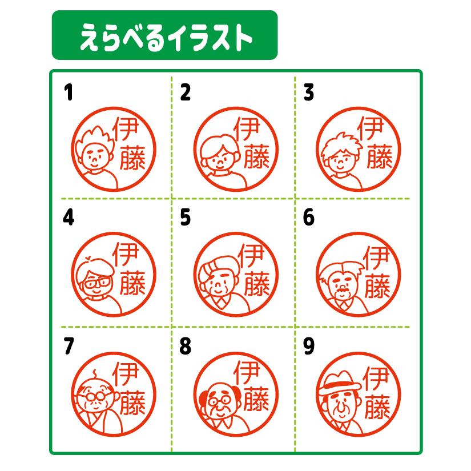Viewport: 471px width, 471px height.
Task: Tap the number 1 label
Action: point(69,93)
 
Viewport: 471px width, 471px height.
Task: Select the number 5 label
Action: point(184,219)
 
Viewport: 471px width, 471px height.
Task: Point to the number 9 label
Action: point(309,346)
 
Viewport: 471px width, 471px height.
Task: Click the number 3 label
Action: point(309,93)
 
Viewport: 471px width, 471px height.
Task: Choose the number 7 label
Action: point(69,346)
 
